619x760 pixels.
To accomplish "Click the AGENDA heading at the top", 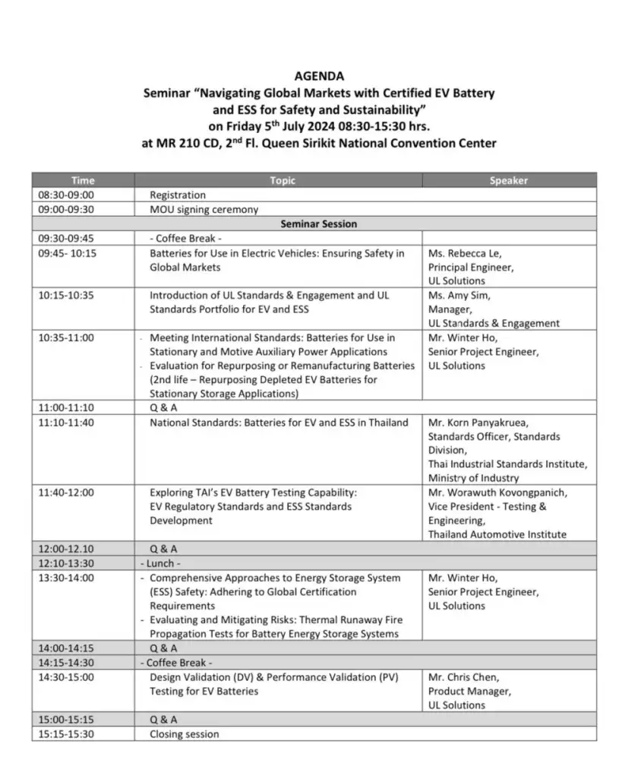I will [319, 76].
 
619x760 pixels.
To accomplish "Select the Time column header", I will [83, 181].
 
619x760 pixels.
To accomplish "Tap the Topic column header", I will [282, 181].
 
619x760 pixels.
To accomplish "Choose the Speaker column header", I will [508, 181].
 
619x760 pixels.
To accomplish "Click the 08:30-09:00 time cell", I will [67, 195].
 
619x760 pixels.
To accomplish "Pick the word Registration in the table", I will [178, 195].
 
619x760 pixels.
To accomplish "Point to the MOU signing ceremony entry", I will [204, 210].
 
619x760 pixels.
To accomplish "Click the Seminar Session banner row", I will [318, 224].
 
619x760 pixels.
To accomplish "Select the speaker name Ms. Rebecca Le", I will [465, 253].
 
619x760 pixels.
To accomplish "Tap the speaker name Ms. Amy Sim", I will [459, 295].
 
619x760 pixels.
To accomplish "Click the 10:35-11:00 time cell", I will [67, 337].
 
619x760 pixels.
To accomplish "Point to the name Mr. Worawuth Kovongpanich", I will [497, 492].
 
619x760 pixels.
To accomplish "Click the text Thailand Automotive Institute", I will [497, 534].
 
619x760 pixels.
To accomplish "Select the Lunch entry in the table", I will [160, 563].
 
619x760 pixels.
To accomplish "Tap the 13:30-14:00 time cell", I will [67, 578].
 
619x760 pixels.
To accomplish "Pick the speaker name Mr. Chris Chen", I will [463, 677].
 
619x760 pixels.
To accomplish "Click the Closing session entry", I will [184, 734].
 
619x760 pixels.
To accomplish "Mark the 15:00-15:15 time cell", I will [67, 720].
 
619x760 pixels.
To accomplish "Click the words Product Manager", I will [469, 692].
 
